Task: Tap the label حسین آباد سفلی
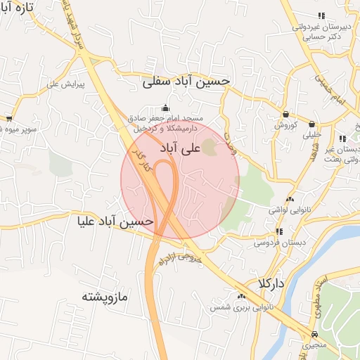(x=186, y=82)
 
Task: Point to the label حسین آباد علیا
(x=116, y=221)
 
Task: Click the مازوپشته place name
(x=105, y=296)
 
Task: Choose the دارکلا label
(x=271, y=283)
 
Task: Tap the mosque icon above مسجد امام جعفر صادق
(x=165, y=108)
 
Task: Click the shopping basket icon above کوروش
(x=286, y=114)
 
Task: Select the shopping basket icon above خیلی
(x=311, y=124)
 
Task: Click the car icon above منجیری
(x=314, y=334)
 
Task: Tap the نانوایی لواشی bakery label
(x=288, y=210)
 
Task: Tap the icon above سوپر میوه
(x=9, y=119)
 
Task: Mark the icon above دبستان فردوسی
(x=279, y=231)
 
